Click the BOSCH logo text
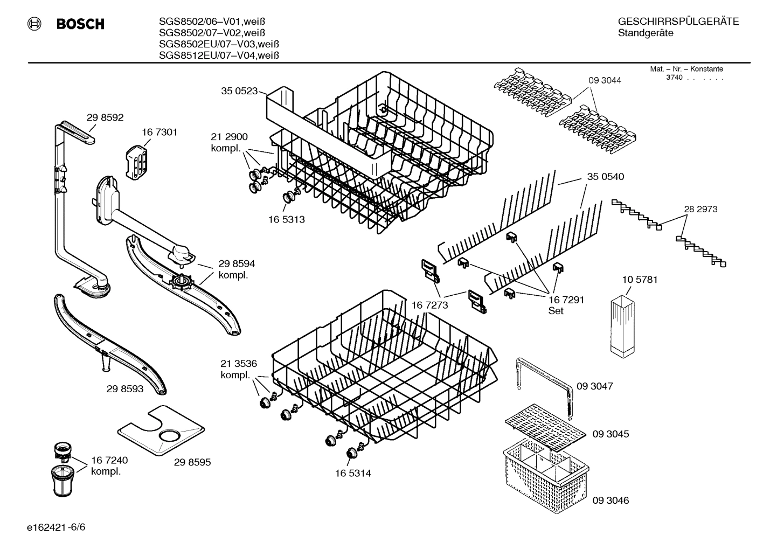(80, 24)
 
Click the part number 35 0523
(239, 91)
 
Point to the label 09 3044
(604, 80)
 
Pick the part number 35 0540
(605, 177)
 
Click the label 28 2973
(700, 209)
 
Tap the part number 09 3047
(594, 386)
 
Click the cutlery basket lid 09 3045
(544, 432)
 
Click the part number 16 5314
(352, 474)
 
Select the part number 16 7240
(109, 460)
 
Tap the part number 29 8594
(237, 263)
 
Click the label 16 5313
(286, 219)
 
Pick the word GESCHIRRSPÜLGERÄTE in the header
(678, 22)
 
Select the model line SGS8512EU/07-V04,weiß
(218, 55)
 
